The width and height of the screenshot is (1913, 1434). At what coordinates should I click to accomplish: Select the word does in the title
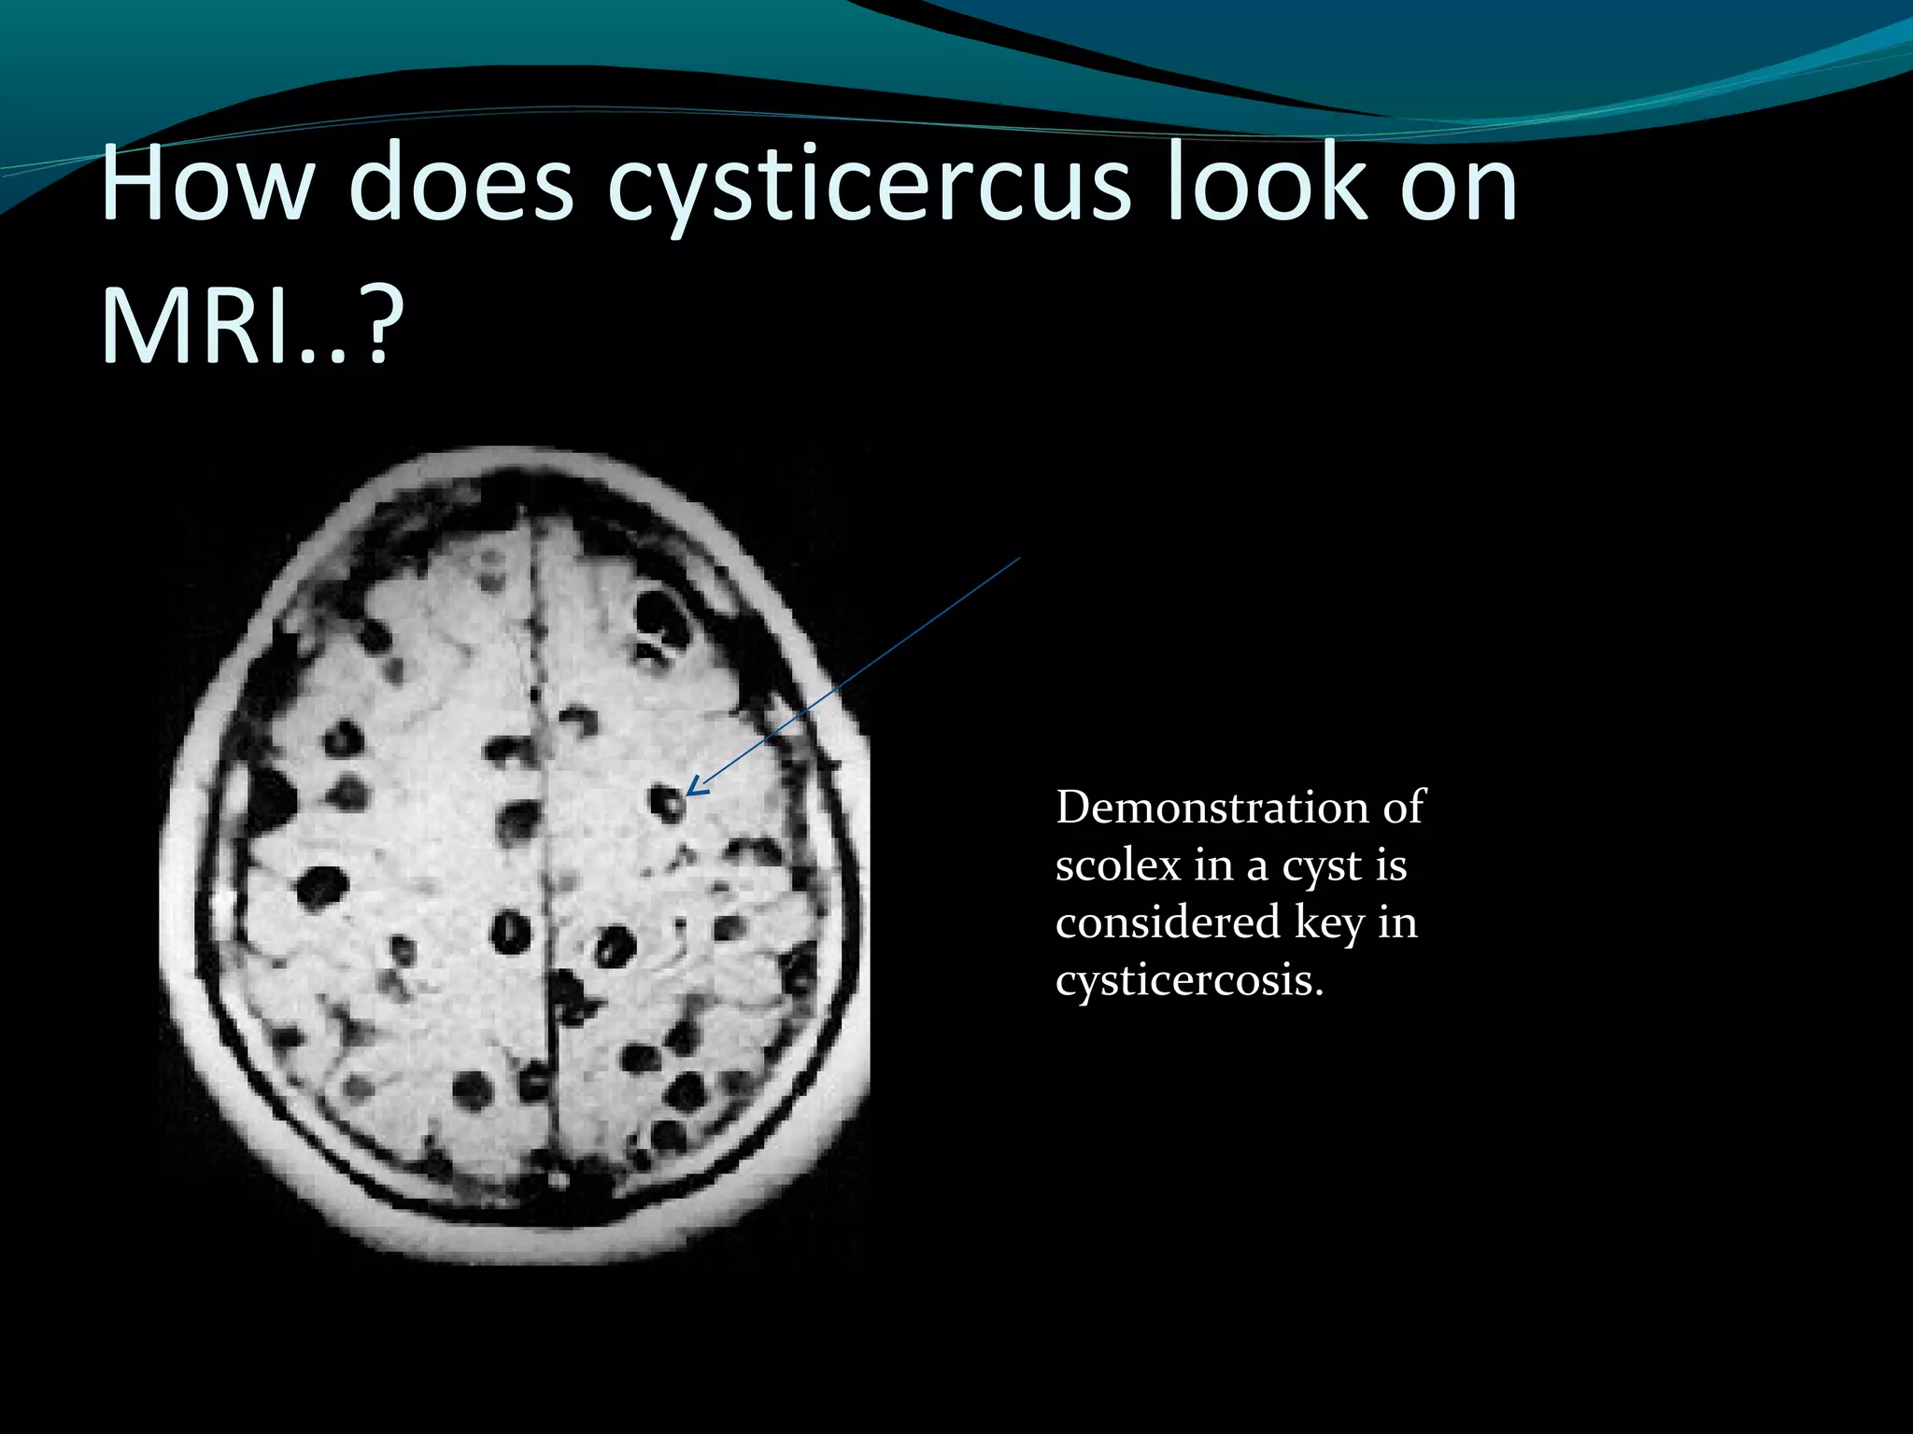[461, 184]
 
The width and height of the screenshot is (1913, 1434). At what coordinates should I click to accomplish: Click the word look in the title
[1263, 184]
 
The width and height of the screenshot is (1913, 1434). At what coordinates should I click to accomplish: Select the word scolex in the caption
[1117, 865]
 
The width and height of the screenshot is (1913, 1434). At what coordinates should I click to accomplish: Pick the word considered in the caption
[1167, 922]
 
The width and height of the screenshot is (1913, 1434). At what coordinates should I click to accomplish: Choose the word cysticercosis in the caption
[1189, 981]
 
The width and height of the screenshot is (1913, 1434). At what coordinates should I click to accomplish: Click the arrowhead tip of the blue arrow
[688, 794]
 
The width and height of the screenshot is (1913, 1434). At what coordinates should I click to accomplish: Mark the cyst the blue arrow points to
[667, 802]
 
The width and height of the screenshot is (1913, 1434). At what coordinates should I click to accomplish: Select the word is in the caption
[1391, 865]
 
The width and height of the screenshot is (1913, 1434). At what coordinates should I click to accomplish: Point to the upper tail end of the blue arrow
[1019, 558]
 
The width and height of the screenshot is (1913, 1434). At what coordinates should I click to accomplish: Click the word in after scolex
[1212, 865]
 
